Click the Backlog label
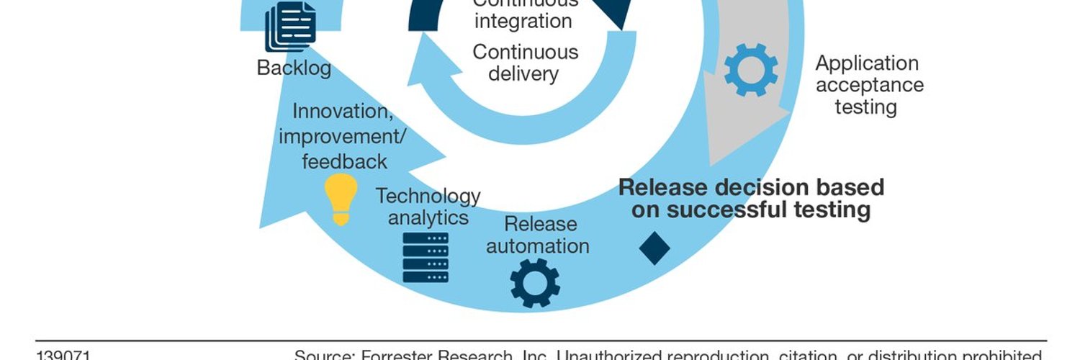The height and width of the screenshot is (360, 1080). [294, 68]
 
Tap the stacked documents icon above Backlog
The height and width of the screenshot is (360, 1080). [289, 27]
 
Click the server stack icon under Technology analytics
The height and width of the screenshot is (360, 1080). [426, 257]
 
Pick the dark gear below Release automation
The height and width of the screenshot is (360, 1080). [535, 283]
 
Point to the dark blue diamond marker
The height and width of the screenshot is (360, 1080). [654, 248]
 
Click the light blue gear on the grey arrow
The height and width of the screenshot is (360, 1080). [751, 71]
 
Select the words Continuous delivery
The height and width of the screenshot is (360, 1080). [525, 63]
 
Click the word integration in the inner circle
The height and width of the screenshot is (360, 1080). [523, 21]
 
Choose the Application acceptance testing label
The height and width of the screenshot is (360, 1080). [868, 85]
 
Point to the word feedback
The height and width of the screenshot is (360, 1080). [344, 161]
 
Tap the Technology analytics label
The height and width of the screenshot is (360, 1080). [428, 206]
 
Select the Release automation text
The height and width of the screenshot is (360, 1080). [538, 235]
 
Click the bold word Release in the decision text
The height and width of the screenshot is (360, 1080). [662, 187]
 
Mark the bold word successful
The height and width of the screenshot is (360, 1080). [734, 210]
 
